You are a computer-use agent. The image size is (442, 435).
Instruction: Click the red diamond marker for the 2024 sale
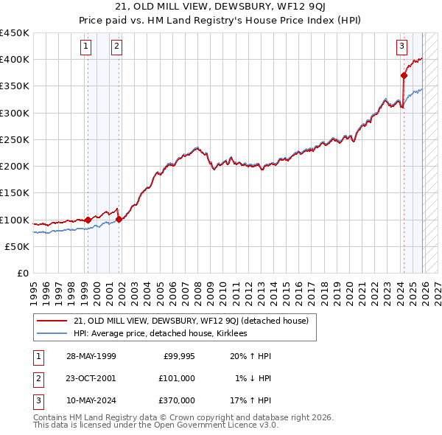pyautogui.click(x=404, y=75)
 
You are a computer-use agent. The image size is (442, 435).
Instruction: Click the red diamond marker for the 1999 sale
pyautogui.click(x=88, y=220)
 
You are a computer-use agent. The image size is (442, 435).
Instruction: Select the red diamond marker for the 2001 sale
pyautogui.click(x=119, y=219)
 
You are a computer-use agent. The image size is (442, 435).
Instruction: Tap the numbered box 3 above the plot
pyautogui.click(x=402, y=46)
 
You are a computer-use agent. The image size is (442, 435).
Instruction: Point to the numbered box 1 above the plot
pyautogui.click(x=86, y=46)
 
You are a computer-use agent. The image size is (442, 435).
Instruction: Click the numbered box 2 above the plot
pyautogui.click(x=116, y=46)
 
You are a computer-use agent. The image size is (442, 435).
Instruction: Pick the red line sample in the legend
pyautogui.click(x=52, y=321)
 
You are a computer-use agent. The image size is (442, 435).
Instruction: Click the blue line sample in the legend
pyautogui.click(x=52, y=333)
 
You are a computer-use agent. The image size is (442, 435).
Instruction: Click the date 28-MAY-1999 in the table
pyautogui.click(x=91, y=356)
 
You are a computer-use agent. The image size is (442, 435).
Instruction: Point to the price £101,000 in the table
pyautogui.click(x=177, y=378)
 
